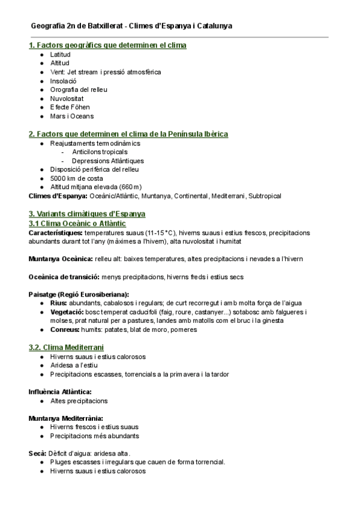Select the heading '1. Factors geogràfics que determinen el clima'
(107, 45)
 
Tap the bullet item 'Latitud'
(60, 54)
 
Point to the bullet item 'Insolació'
(64, 80)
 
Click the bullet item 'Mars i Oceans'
(72, 116)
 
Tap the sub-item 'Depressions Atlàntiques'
(108, 161)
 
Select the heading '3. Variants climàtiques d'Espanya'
(87, 214)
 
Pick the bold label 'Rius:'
(59, 303)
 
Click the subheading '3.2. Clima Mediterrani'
(66, 348)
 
